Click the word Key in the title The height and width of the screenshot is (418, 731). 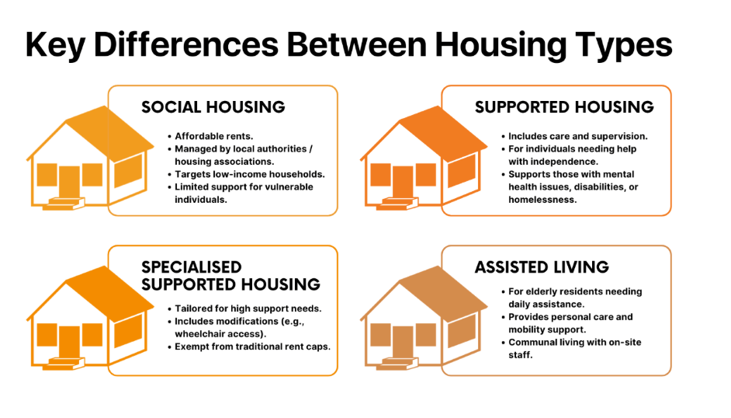(x=55, y=45)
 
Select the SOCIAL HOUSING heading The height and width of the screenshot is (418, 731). (x=213, y=107)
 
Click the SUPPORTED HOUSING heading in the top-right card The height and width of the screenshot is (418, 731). (x=564, y=107)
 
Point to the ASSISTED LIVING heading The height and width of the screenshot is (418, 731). (x=542, y=267)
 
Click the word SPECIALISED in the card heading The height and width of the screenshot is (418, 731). (x=192, y=267)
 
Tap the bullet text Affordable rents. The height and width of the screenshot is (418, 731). (x=214, y=136)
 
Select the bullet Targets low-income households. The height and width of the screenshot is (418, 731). (x=250, y=175)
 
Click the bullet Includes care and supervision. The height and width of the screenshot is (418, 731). (x=578, y=136)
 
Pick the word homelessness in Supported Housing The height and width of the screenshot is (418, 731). (x=542, y=200)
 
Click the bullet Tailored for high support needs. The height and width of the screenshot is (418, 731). (x=248, y=308)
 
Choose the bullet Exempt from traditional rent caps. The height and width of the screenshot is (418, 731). (x=252, y=347)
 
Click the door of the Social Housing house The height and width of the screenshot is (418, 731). (x=69, y=183)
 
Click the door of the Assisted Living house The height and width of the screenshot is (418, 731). (x=402, y=343)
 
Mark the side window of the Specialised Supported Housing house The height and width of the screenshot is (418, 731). (x=128, y=331)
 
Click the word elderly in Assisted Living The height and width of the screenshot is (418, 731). (x=541, y=292)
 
